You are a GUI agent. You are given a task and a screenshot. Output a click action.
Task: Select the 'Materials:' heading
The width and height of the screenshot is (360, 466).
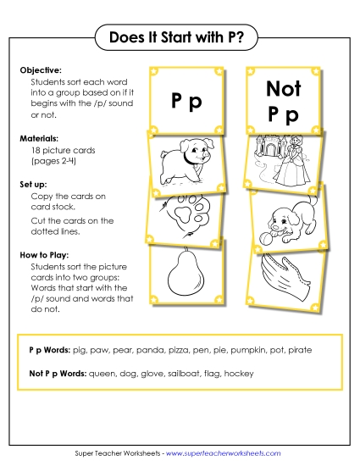point(37,137)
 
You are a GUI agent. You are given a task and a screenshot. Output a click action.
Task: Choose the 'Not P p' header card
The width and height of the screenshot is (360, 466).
point(283,100)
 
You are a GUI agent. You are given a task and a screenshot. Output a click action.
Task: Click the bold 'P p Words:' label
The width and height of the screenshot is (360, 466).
point(50,350)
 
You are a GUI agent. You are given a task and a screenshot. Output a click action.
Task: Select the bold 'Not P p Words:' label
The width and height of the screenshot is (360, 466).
point(58,373)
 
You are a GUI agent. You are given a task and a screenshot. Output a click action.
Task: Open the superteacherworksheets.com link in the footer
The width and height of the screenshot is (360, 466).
point(224,453)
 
